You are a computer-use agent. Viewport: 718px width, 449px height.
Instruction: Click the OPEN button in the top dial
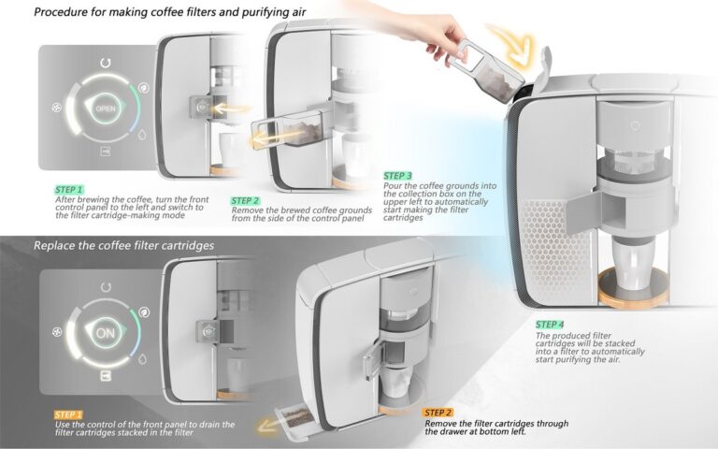(105, 109)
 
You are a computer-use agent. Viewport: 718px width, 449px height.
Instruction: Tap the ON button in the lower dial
(105, 332)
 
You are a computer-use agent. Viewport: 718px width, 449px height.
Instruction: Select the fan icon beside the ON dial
(58, 333)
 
